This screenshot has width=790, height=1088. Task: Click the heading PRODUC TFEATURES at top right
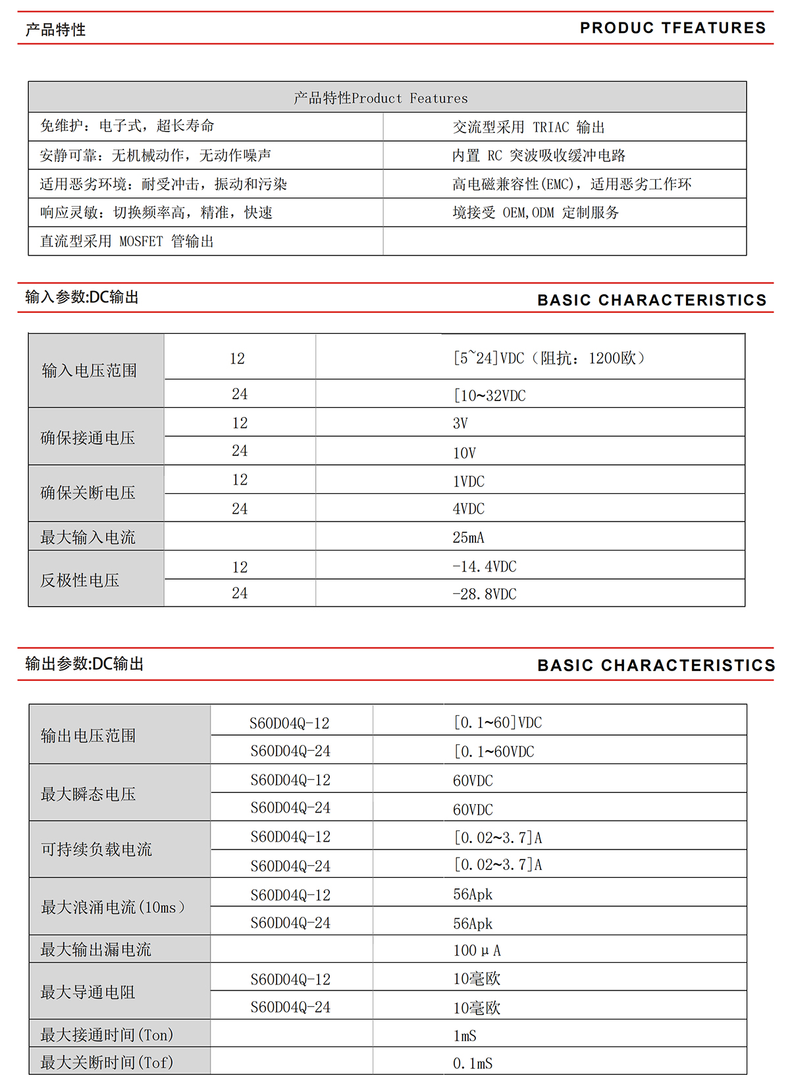click(x=673, y=28)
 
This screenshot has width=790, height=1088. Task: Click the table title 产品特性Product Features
click(x=381, y=98)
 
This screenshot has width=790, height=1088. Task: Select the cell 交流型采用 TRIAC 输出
click(x=528, y=127)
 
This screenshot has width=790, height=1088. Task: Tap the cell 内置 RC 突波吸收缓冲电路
click(x=539, y=155)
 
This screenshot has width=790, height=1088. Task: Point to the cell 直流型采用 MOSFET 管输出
click(x=127, y=241)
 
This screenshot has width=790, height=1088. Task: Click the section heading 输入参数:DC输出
click(x=82, y=297)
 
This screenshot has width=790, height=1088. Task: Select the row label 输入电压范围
click(x=90, y=371)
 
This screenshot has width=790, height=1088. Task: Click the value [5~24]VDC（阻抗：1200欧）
click(x=549, y=358)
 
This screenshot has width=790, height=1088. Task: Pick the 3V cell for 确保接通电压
click(x=460, y=423)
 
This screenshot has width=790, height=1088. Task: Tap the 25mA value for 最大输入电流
click(x=468, y=537)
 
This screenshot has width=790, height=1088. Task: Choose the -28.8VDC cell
click(x=484, y=594)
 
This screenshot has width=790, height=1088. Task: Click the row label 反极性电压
click(x=80, y=580)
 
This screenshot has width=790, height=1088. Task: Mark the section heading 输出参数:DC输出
click(x=84, y=664)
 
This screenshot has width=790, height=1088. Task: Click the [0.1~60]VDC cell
click(x=498, y=722)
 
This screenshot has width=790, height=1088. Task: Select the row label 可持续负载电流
click(x=96, y=850)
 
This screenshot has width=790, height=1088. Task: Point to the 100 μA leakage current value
click(x=477, y=950)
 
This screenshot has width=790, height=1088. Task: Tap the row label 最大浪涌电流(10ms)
click(x=113, y=908)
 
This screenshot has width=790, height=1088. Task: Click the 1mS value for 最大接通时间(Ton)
click(x=465, y=1036)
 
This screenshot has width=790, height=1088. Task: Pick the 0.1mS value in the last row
click(x=473, y=1064)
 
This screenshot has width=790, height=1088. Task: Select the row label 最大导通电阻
click(x=88, y=993)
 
